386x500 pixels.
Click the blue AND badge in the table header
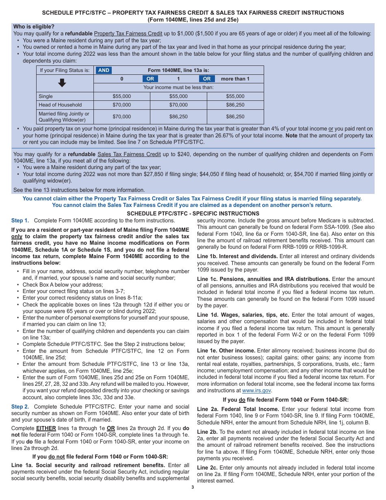[104, 70]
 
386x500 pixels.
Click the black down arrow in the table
[62, 83]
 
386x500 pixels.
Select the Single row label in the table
[46, 96]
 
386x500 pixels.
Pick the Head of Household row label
[60, 105]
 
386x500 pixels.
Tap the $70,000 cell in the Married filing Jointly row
[121, 117]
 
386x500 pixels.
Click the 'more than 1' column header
[235, 79]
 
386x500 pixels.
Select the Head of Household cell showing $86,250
[235, 105]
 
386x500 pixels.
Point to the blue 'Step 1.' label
[20, 221]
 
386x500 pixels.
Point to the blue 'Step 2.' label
[20, 407]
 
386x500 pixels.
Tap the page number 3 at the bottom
[193, 487]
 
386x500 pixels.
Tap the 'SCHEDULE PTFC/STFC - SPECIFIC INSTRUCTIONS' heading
[193, 213]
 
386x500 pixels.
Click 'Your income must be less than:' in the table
[178, 87]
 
